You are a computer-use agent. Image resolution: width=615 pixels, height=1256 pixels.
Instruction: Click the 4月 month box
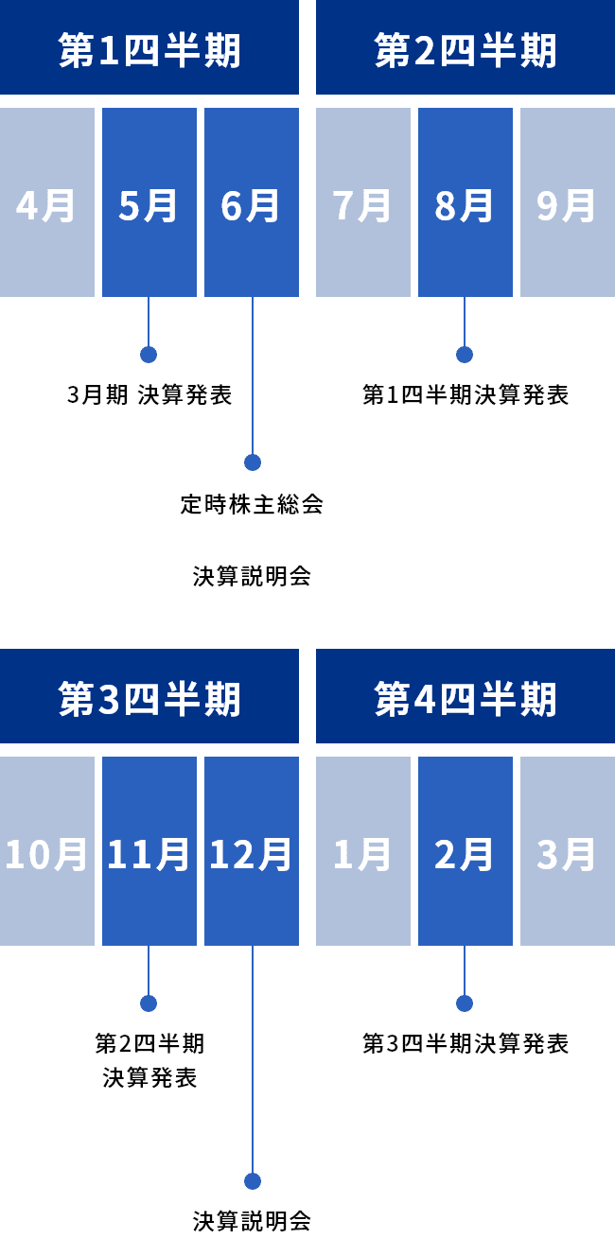coord(46,202)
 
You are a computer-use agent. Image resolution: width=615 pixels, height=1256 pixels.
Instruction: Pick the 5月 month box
coord(149,202)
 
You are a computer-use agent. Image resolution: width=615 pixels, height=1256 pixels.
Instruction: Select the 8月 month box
coord(465,202)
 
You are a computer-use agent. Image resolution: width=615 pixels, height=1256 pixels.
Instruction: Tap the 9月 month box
coord(567,202)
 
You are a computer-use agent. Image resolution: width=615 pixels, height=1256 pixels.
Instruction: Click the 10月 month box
coord(46,851)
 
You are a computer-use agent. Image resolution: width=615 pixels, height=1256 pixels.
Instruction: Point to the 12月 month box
coord(251,851)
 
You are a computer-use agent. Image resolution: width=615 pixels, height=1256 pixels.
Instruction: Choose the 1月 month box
coord(362,851)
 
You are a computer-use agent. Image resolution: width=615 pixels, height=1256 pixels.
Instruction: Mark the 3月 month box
coord(567,851)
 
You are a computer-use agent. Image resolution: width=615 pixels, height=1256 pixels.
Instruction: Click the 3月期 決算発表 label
coord(149,394)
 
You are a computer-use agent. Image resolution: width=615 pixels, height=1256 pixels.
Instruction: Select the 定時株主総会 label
coord(252,503)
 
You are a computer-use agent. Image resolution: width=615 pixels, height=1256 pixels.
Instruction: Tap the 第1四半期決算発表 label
coord(466,394)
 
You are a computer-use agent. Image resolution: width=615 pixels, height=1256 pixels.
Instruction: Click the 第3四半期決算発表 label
coord(466,1043)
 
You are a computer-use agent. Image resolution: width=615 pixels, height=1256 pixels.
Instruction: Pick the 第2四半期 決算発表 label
coord(149,1059)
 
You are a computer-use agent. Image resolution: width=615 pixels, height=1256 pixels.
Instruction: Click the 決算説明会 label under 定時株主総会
coord(252,575)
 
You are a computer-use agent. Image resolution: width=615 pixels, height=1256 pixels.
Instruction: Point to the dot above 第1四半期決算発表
coord(465,355)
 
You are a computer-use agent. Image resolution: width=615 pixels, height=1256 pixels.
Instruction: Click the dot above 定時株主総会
coord(253,462)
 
